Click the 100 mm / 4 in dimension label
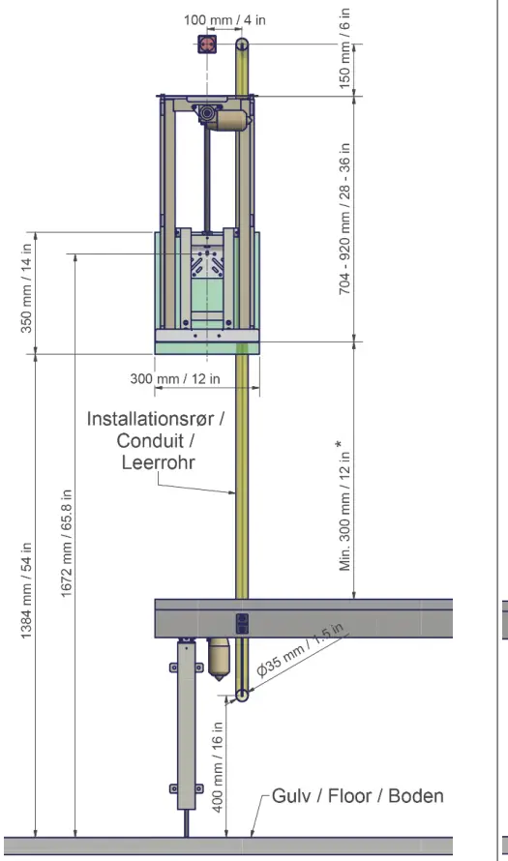224,20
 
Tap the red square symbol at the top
207,45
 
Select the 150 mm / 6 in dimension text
344,48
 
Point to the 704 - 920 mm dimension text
344,219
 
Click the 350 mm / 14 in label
26,287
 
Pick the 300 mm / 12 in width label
175,378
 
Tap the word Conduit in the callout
149,440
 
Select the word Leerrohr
158,461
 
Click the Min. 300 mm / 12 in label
344,505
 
